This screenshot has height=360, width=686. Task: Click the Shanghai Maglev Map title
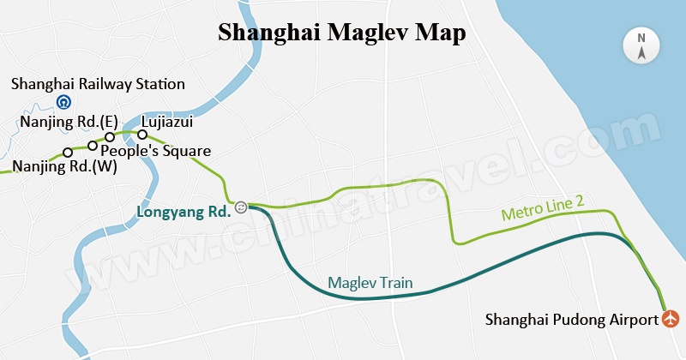(342, 33)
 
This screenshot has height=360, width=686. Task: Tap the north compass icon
(641, 46)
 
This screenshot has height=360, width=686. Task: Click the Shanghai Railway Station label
(98, 84)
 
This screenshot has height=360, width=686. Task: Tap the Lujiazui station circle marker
(143, 134)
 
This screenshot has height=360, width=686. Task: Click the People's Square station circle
(93, 146)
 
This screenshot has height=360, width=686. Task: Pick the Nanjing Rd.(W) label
(64, 166)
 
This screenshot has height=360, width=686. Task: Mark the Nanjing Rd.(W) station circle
(68, 153)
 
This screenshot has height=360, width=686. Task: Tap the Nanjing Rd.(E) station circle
(110, 137)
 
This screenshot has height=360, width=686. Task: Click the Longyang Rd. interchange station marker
(242, 207)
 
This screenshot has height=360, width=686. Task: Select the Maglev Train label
(370, 283)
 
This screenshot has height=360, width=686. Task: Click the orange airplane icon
(671, 319)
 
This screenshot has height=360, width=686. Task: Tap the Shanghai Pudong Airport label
(572, 320)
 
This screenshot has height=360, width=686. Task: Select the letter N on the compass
(641, 38)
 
